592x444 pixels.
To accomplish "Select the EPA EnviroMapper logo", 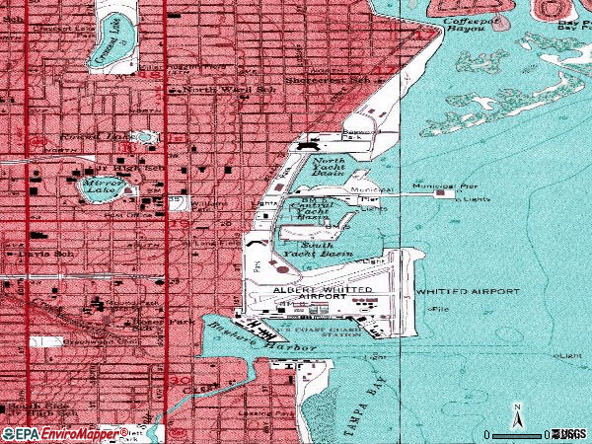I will pyautogui.click(x=57, y=434).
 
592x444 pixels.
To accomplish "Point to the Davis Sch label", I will pyautogui.click(x=37, y=254).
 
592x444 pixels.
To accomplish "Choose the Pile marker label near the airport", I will pyautogui.click(x=436, y=310).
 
